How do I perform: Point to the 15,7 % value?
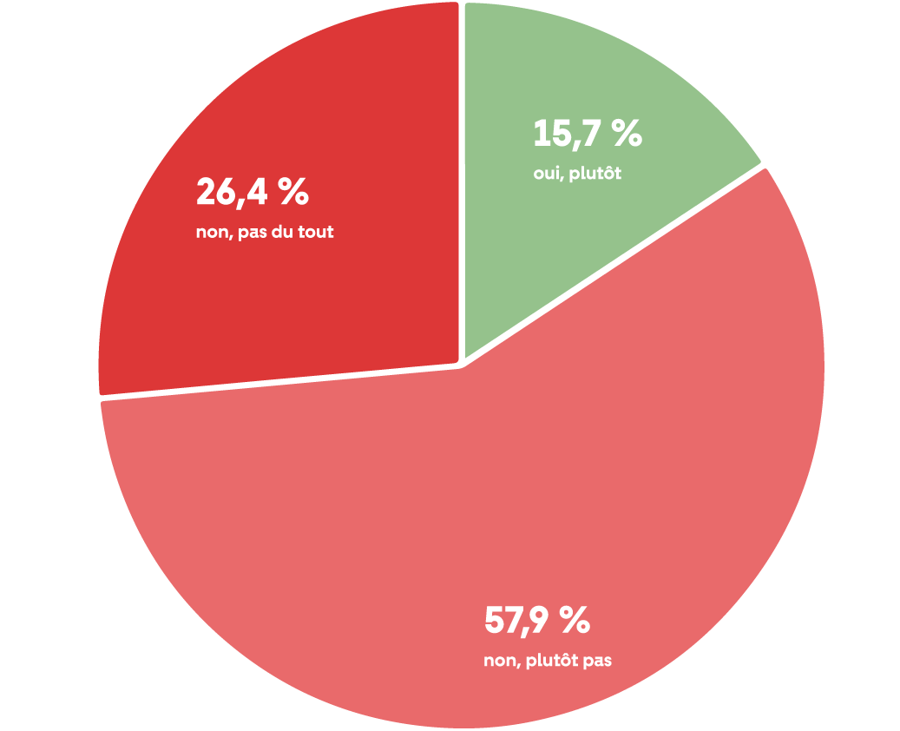tap(587, 134)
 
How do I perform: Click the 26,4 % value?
tap(252, 193)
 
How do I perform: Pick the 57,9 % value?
tap(536, 621)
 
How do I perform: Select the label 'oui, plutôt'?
tap(577, 174)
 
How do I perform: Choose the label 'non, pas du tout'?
tap(265, 233)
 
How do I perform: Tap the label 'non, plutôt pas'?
tap(548, 661)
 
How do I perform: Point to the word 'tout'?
tap(316, 233)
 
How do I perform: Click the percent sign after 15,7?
tap(625, 134)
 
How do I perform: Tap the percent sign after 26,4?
tap(292, 193)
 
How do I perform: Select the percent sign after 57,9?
tap(575, 621)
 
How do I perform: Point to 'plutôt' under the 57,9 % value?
tap(554, 661)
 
